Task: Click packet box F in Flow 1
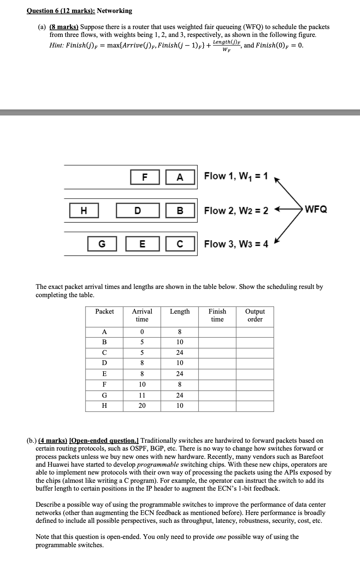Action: [145, 177]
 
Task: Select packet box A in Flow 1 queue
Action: [180, 177]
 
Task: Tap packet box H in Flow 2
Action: [84, 211]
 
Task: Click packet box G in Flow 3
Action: [102, 244]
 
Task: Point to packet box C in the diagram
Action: [180, 244]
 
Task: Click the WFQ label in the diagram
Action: [316, 209]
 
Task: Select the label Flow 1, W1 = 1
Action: [236, 176]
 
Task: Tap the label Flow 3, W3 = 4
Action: [236, 244]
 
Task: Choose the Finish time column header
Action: [217, 315]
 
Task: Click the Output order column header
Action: [255, 315]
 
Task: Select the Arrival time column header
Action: [142, 315]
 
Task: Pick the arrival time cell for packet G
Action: [142, 395]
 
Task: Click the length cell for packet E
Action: [180, 374]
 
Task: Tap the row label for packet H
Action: [104, 406]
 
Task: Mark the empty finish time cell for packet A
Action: [217, 332]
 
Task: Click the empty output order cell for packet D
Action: [255, 363]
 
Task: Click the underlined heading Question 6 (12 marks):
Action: [61, 11]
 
